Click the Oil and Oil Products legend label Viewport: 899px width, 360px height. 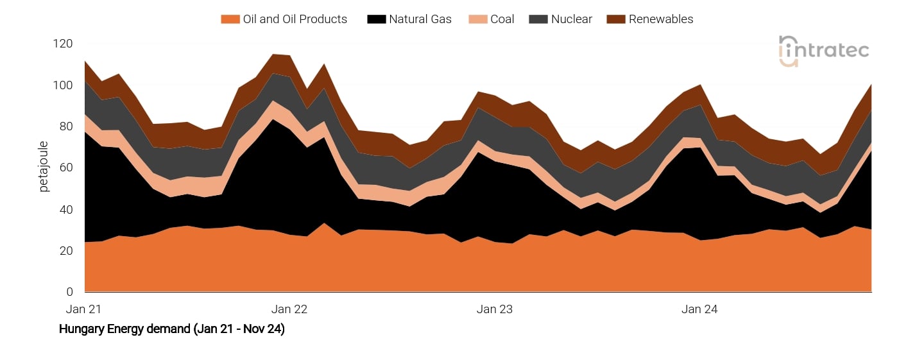point(295,19)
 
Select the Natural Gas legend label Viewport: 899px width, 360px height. point(420,19)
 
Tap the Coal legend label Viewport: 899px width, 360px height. point(502,19)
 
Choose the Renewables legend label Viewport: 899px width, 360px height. point(660,19)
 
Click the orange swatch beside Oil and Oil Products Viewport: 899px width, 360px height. point(229,19)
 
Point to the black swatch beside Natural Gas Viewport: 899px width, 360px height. point(375,19)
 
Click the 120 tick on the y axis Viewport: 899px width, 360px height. point(64,44)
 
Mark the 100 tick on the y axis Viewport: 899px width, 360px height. point(64,85)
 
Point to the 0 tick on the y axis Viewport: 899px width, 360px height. point(69,293)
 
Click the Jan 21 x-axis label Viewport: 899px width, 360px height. point(84,309)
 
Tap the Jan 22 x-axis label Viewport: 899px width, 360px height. point(289,309)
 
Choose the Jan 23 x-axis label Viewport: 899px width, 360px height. point(495,309)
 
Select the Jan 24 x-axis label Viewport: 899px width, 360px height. point(699,309)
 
